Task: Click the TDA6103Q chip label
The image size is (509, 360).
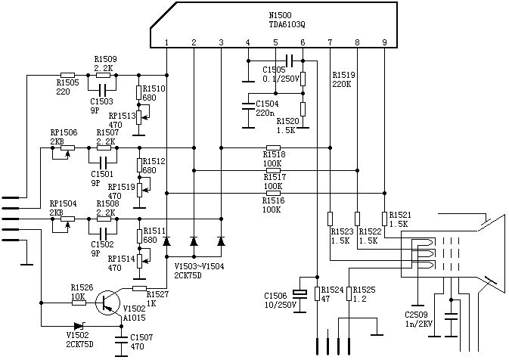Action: click(284, 24)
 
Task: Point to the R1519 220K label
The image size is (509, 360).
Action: click(343, 79)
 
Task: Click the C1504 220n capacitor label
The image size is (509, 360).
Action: click(266, 108)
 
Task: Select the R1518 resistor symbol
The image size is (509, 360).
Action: click(273, 147)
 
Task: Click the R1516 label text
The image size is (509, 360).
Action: click(273, 200)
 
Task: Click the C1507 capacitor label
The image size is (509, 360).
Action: click(141, 341)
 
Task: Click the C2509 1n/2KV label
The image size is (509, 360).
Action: click(418, 318)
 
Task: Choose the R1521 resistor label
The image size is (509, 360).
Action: click(399, 220)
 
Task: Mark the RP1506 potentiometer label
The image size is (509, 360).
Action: click(64, 137)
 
